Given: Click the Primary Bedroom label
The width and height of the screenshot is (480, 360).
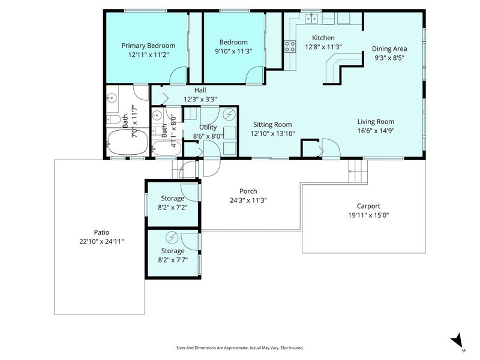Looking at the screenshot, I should click(x=148, y=45).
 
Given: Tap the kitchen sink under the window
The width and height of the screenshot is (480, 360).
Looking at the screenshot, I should click(x=312, y=19).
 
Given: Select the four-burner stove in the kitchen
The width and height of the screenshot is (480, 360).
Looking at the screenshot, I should click(x=290, y=46).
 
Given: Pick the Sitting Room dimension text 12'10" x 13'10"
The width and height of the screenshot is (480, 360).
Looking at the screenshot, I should click(x=272, y=134).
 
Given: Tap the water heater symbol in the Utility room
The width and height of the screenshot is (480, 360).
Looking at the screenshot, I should click(x=229, y=114).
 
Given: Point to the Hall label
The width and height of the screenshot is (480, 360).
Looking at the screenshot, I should click(x=183, y=91).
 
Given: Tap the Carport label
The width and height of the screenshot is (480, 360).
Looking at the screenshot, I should click(x=368, y=205).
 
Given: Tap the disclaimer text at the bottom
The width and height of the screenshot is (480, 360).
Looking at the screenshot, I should click(x=239, y=347).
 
